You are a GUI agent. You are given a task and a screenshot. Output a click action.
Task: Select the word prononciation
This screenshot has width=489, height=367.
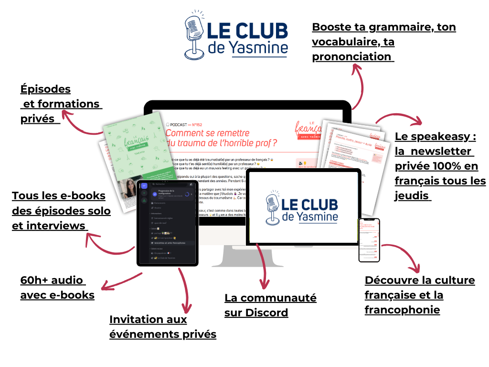[x=351, y=56]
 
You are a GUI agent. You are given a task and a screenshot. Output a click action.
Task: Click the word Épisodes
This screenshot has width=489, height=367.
[x=45, y=89]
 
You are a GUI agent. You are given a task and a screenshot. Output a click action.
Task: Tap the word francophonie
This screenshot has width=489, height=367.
[x=402, y=310]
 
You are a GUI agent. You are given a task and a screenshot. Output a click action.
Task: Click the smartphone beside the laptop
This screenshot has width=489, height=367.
[x=369, y=240]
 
